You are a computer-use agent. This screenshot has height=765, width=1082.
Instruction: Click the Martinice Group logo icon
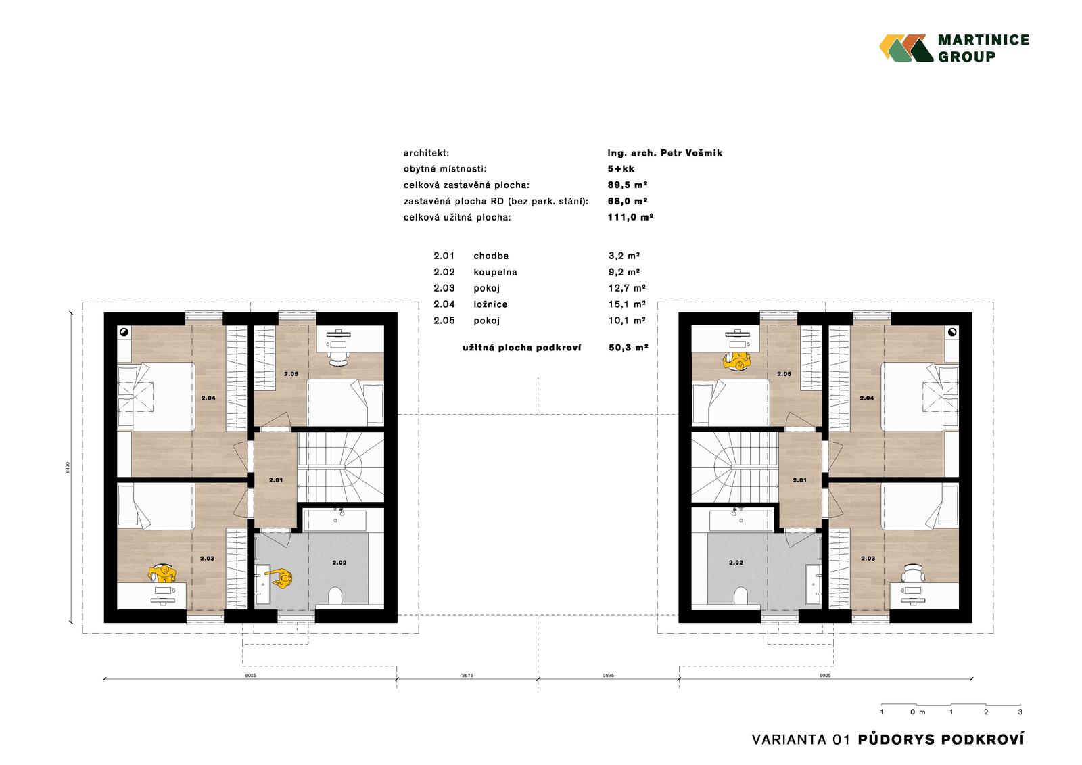906,48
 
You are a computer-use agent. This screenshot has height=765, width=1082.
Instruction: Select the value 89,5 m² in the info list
627,185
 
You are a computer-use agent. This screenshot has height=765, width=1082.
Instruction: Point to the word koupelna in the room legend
495,272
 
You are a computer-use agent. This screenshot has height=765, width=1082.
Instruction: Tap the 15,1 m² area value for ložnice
626,304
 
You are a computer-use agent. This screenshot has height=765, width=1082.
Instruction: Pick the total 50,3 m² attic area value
628,348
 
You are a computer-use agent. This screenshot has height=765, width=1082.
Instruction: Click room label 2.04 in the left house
208,398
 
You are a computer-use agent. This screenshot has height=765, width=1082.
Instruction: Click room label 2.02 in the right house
736,563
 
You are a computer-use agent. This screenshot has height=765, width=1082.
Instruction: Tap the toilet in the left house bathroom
335,595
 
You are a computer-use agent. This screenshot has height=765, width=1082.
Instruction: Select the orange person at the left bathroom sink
281,578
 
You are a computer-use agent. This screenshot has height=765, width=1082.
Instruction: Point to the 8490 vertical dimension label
68,467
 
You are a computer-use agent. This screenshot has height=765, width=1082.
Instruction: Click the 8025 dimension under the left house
250,676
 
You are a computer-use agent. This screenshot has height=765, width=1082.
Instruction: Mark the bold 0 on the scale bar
913,712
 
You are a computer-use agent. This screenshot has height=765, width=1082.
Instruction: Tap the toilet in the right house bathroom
740,595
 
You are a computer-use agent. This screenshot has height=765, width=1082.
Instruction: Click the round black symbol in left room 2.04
124,332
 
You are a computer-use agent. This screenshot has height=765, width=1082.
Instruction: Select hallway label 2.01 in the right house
799,480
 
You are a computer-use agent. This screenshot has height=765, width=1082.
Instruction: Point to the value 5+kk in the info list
621,169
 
